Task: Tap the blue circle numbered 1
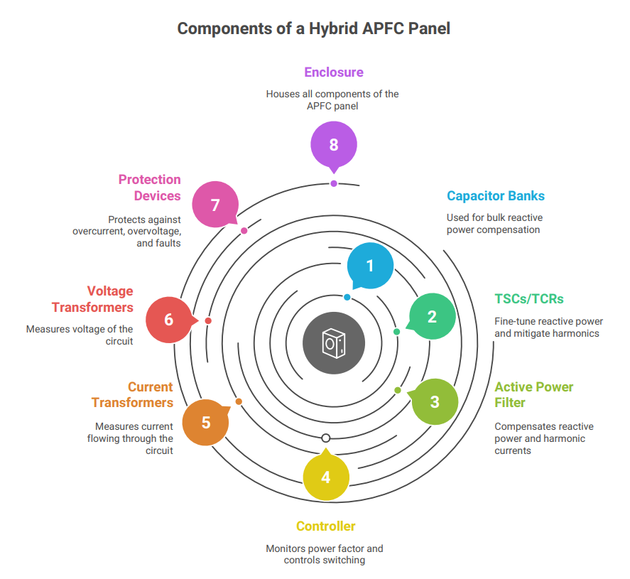pos(369,266)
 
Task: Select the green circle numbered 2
pos(432,317)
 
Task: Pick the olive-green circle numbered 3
pos(435,401)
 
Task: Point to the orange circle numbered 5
pos(206,423)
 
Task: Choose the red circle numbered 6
pos(168,320)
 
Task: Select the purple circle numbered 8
pos(333,144)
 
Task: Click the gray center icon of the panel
pos(333,343)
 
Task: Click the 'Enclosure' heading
pos(333,72)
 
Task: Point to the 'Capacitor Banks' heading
pos(496,196)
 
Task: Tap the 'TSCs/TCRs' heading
pos(529,299)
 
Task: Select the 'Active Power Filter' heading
pos(533,395)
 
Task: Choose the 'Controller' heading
pos(325,526)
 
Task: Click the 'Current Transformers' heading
pos(132,395)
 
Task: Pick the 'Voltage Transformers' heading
pos(92,299)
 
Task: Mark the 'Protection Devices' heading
pos(149,188)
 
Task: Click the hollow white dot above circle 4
pos(326,438)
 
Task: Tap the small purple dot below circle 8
pos(334,183)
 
